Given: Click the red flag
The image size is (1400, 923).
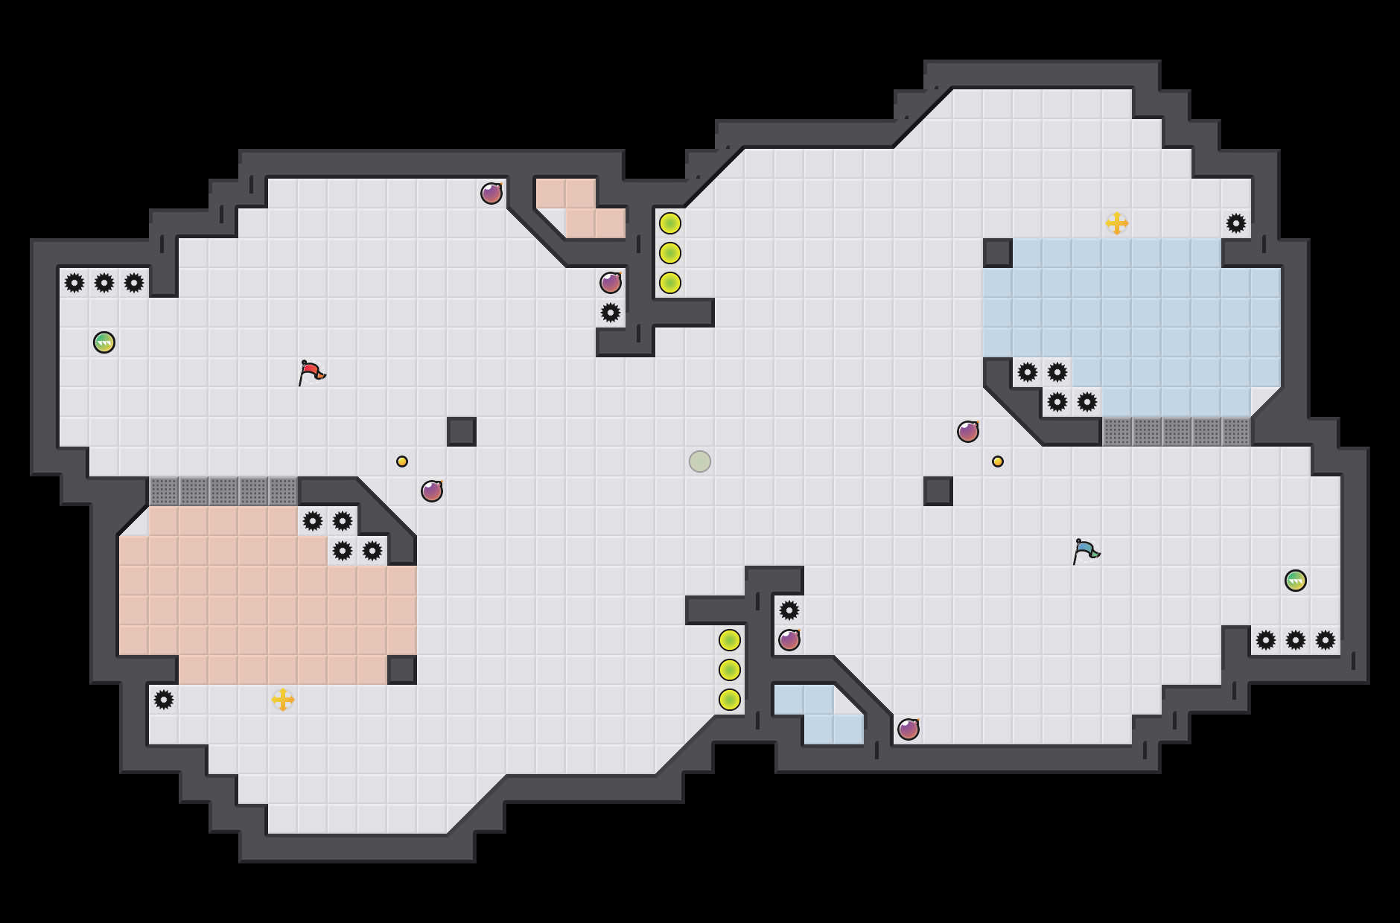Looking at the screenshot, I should [311, 372].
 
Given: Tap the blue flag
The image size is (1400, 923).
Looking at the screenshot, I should [1086, 551].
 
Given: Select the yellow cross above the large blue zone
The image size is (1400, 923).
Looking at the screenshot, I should [1117, 223].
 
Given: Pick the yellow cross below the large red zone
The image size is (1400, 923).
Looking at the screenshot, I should [283, 700].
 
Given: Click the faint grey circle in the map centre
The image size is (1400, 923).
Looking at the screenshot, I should [700, 461].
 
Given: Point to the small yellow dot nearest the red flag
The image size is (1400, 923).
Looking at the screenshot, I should [402, 461].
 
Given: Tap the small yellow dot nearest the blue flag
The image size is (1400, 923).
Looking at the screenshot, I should [998, 461].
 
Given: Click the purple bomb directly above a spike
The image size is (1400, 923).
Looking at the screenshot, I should [611, 283].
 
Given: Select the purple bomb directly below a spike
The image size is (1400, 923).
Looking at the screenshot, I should [789, 640].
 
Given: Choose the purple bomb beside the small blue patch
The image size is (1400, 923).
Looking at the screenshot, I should [909, 729].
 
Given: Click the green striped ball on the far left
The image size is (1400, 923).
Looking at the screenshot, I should [104, 342].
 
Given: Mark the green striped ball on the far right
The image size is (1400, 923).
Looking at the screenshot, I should [1296, 581].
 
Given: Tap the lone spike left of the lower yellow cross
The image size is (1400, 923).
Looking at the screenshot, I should [164, 700].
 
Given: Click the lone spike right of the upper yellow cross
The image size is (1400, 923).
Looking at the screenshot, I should [1236, 223].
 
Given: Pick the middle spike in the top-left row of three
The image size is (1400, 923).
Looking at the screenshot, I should [104, 283].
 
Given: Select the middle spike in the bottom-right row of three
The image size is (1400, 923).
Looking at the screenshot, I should [1296, 640].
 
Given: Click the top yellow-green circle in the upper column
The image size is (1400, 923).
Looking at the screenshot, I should [670, 223].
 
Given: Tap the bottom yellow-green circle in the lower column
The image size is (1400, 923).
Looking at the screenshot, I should [730, 700].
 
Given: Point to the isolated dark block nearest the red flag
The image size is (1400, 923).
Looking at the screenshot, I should [462, 432].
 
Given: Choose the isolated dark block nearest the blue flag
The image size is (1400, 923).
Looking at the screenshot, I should [938, 491].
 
